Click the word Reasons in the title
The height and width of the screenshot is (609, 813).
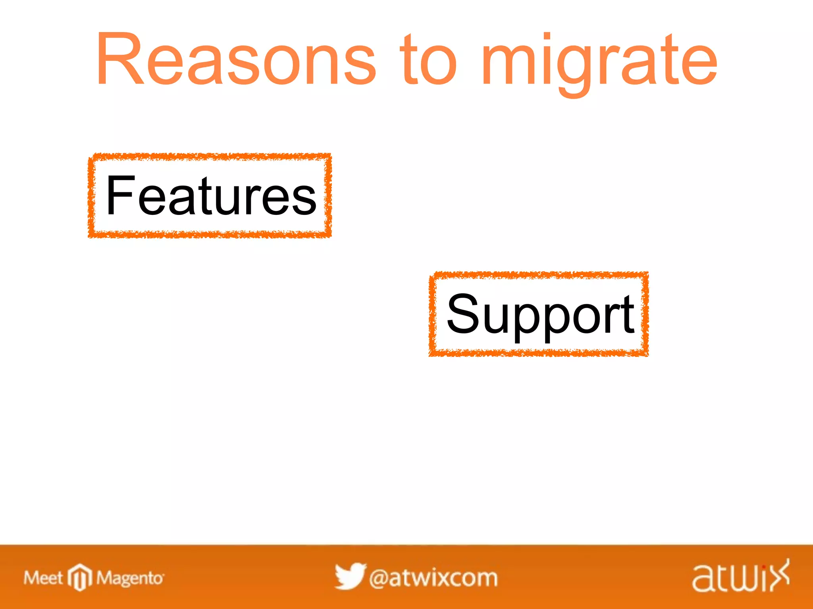pyautogui.click(x=236, y=59)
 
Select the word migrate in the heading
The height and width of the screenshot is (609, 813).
pyautogui.click(x=599, y=59)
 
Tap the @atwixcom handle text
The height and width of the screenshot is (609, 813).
pyautogui.click(x=433, y=578)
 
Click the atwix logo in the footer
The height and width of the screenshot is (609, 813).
pyautogui.click(x=741, y=577)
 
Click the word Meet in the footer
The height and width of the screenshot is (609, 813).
pyautogui.click(x=43, y=578)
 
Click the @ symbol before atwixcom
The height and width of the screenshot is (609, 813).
pyautogui.click(x=378, y=578)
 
